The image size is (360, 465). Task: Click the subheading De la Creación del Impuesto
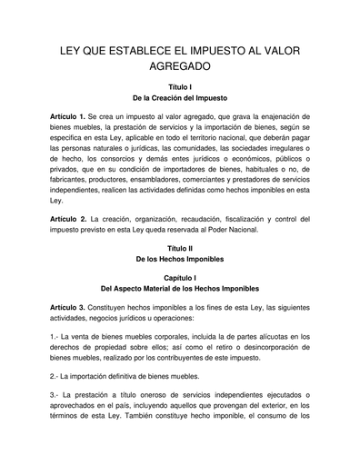pyautogui.click(x=180, y=95)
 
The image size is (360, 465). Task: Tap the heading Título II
pyautogui.click(x=180, y=248)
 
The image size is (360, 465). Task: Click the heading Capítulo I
pyautogui.click(x=180, y=278)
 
